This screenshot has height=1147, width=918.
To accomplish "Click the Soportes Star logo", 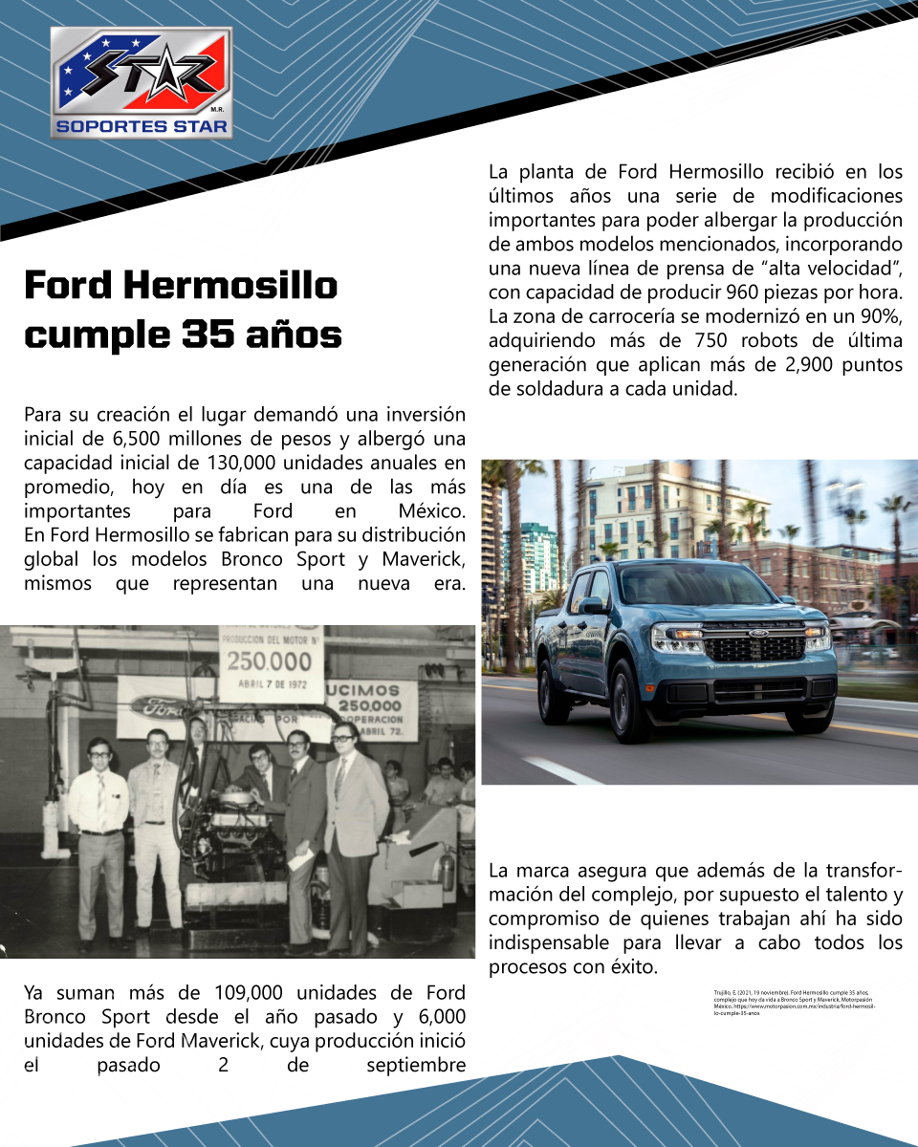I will (142, 82).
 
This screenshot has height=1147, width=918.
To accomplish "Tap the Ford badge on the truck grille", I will (757, 633).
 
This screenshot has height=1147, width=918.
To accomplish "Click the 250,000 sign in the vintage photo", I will (269, 661).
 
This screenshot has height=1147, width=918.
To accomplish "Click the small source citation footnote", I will (794, 1004).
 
